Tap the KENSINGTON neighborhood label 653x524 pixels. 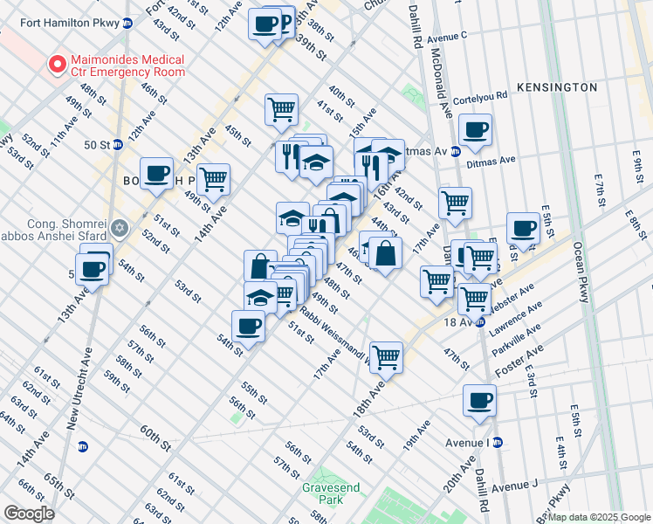point(556,87)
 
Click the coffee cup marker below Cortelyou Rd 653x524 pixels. point(476,131)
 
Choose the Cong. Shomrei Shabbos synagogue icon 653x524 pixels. point(120,229)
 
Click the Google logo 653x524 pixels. point(28,514)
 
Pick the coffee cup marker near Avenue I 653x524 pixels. point(479,401)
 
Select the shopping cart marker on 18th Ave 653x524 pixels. point(386,356)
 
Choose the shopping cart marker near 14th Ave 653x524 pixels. point(214,181)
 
